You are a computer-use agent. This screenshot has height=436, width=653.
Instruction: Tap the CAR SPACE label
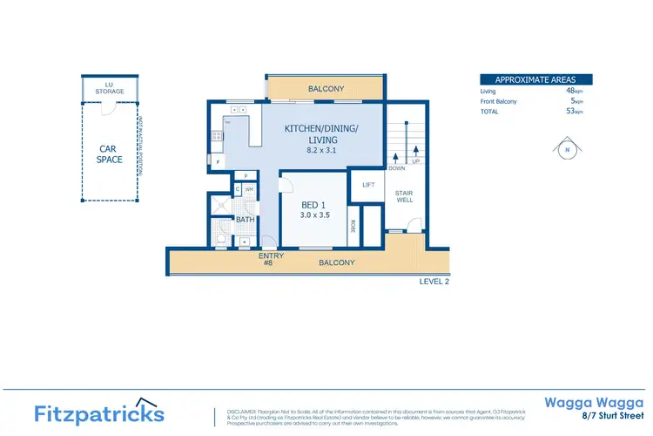click(x=110, y=153)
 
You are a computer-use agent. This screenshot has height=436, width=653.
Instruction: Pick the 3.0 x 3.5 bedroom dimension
click(x=313, y=215)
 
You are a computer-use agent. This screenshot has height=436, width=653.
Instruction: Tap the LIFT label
click(x=367, y=185)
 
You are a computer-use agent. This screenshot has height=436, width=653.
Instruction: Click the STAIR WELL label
click(x=404, y=197)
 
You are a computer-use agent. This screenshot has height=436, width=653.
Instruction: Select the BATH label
click(x=246, y=220)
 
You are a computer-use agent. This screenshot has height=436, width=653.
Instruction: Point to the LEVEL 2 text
click(x=433, y=282)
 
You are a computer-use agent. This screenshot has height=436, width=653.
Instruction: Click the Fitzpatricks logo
click(x=98, y=412)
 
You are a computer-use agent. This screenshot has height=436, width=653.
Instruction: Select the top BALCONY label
click(x=326, y=89)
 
